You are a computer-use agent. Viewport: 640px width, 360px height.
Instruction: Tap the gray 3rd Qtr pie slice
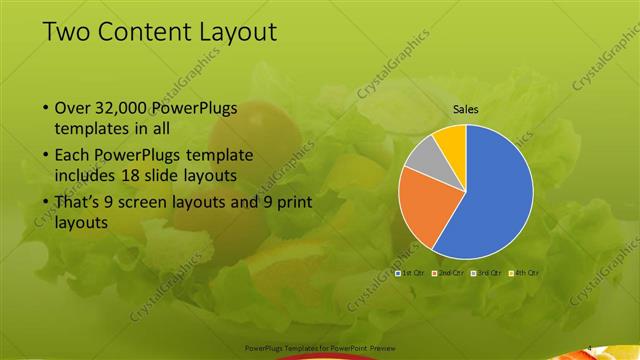[423, 155]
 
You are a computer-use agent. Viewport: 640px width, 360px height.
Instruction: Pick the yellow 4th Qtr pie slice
[451, 138]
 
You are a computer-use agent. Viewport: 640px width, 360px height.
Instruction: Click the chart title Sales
[465, 108]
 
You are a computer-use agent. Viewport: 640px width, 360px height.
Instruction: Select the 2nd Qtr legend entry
[448, 272]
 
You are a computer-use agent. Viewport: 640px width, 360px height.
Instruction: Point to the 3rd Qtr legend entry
[487, 272]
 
